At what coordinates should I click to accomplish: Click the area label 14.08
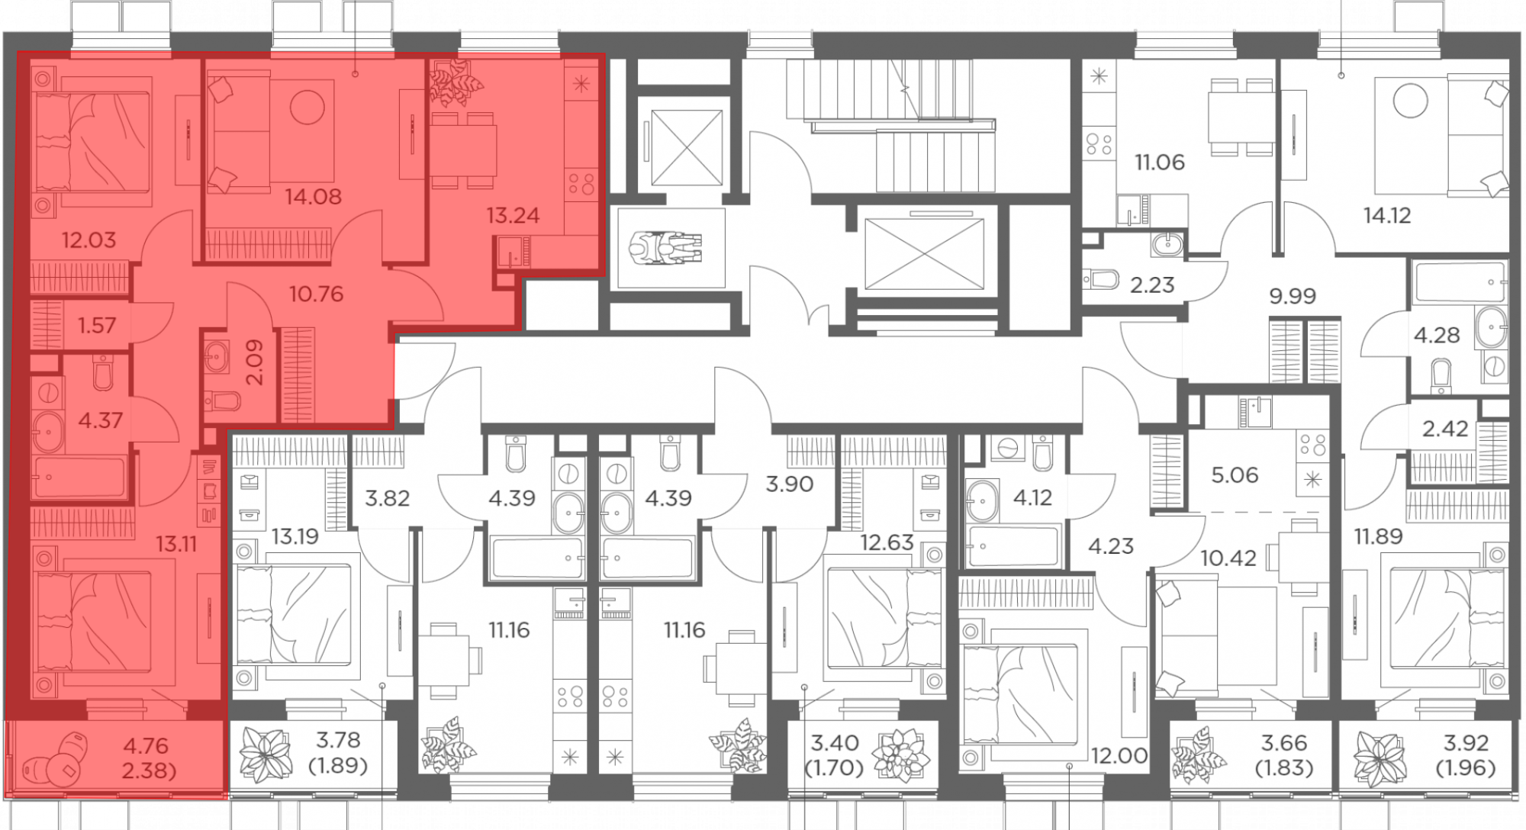coord(313,197)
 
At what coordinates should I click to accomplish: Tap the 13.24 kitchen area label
coord(513,216)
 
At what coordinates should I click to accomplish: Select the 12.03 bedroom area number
coord(89,240)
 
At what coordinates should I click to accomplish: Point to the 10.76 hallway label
coord(316,294)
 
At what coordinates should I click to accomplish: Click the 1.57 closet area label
coord(97,326)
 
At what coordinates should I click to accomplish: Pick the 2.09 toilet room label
coord(256,362)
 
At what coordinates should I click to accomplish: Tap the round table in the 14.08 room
coord(307,107)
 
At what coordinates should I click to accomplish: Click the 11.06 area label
coord(1160,162)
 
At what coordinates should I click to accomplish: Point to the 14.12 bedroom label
coord(1387,216)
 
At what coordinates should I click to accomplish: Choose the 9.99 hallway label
coord(1293,295)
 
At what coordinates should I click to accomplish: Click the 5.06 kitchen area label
coord(1235,475)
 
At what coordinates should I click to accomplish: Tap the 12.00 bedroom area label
coord(1119,756)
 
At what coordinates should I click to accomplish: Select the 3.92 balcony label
coord(1466,742)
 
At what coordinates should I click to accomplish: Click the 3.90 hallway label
coord(789,484)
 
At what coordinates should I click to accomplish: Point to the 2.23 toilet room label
coord(1152,285)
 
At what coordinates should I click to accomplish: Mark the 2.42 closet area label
coord(1445,429)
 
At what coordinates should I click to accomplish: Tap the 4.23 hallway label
coord(1111,546)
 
